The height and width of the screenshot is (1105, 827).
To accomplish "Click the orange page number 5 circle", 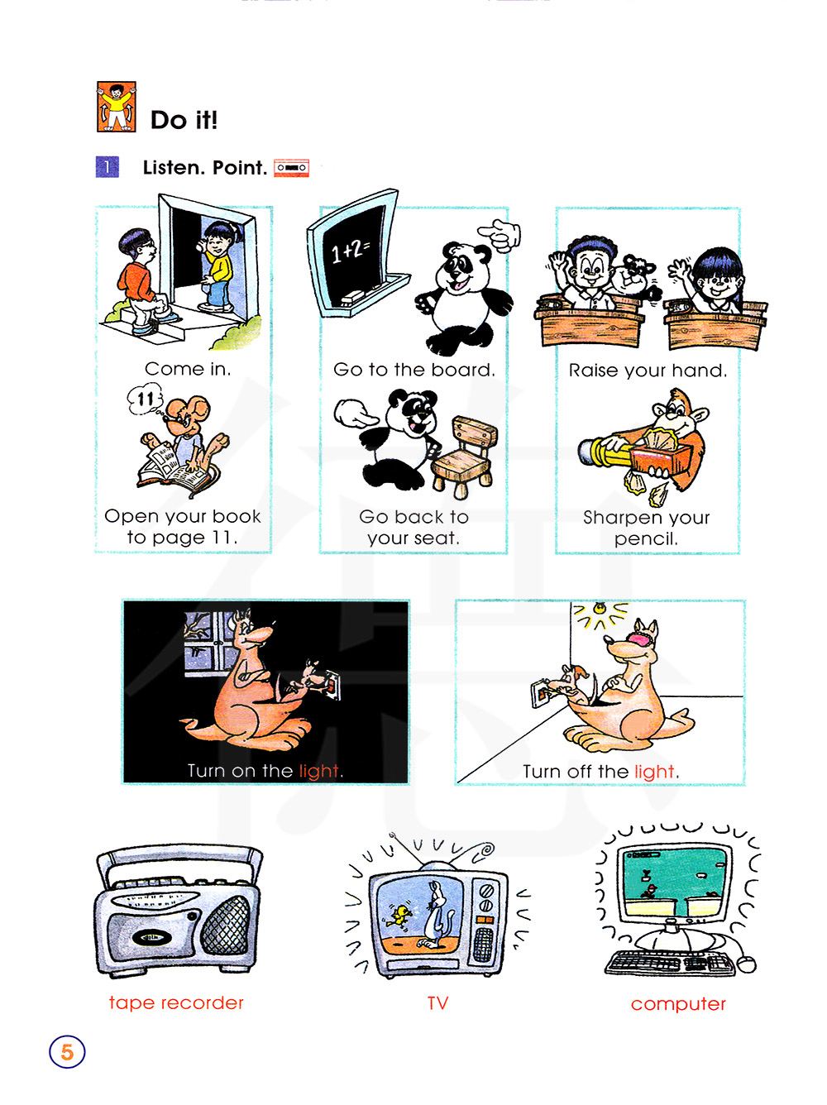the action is coord(67,1051).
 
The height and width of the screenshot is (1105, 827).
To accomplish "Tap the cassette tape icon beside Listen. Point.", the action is coord(291,168).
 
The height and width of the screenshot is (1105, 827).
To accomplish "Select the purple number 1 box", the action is coord(108,167).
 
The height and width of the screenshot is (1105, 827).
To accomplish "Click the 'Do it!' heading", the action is coord(184,120).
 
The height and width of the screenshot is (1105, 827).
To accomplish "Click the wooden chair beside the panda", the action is coord(464,456).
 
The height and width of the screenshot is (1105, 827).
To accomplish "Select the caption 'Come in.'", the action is coord(188,369).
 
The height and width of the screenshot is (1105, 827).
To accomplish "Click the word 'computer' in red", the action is coord(678,1003).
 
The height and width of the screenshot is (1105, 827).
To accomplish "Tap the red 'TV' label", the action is coord(437,1002).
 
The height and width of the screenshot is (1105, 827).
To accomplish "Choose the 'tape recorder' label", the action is coord(176,1002).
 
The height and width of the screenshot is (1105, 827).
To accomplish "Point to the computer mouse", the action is coord(747,964).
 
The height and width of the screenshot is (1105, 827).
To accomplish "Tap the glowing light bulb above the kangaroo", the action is coord(599,608).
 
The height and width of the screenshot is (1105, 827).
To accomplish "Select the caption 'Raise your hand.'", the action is coord(648,371).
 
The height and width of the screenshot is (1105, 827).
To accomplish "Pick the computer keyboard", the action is coord(669,962).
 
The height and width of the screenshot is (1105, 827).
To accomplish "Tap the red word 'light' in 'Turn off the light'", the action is coord(654,772).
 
